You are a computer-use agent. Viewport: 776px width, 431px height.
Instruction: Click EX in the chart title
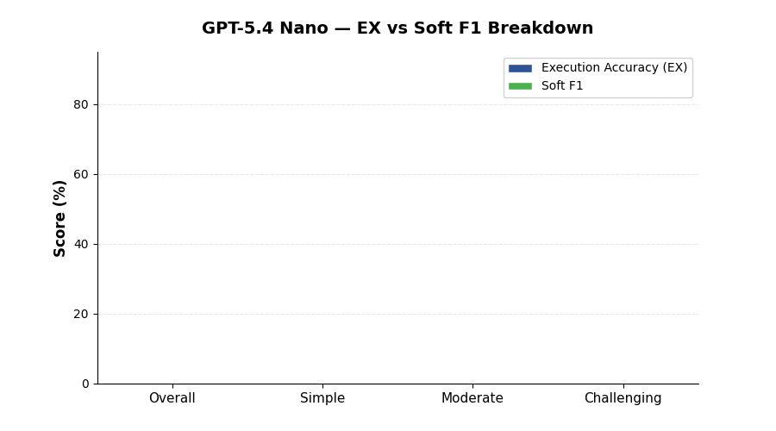(x=373, y=28)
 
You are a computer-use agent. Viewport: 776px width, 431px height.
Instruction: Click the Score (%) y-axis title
(x=60, y=218)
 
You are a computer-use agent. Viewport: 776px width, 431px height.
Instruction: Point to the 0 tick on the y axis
(x=85, y=384)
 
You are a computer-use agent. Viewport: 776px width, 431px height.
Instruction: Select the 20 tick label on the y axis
(x=81, y=314)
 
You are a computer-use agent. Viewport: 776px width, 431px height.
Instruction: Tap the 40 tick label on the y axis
(x=81, y=244)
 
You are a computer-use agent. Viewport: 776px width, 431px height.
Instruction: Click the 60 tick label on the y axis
(x=81, y=174)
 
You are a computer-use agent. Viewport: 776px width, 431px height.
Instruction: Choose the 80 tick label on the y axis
(x=81, y=104)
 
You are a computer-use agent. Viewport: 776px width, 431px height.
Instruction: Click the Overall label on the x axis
(x=172, y=398)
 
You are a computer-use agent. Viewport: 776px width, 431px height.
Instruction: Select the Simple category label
(x=322, y=398)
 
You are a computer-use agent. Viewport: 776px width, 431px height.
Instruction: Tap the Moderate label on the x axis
(x=472, y=398)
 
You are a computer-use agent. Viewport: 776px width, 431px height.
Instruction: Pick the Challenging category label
(x=623, y=398)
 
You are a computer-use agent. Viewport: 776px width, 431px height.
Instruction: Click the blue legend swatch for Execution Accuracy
(x=520, y=68)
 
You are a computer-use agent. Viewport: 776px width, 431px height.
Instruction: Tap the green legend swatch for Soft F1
(x=520, y=86)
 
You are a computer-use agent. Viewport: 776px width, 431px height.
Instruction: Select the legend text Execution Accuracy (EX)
(x=614, y=68)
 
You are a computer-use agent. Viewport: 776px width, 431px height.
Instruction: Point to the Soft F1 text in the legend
(x=562, y=86)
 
